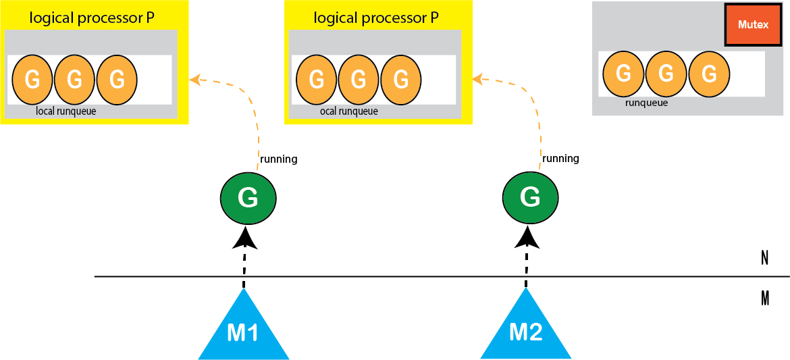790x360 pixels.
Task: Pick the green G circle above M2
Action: click(x=530, y=197)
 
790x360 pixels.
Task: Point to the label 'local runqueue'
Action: click(x=66, y=111)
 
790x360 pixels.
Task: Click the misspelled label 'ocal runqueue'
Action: click(x=348, y=111)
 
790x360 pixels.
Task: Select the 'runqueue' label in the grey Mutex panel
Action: click(x=646, y=103)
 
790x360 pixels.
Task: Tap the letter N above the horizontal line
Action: click(x=764, y=258)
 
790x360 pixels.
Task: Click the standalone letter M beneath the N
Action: click(x=764, y=298)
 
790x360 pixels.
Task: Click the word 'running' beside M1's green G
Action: click(x=278, y=159)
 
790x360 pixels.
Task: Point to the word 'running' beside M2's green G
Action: click(x=560, y=158)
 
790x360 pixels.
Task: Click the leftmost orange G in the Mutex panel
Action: click(x=624, y=74)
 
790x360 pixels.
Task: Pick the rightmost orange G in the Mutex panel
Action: click(x=708, y=74)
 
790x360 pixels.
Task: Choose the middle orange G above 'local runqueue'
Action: click(x=75, y=80)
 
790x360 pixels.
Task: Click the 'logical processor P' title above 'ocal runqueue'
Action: click(x=371, y=18)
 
